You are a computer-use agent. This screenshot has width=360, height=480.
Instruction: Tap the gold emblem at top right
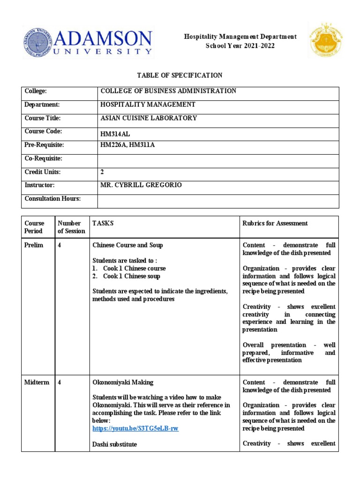point(325,40)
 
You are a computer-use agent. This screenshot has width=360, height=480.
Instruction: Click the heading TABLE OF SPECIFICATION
point(180,75)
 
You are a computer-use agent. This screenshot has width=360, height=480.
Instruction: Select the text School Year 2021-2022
point(240,45)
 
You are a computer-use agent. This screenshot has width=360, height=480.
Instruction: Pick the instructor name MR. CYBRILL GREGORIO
point(141,185)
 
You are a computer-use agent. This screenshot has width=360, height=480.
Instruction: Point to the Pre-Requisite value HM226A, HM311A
point(127,145)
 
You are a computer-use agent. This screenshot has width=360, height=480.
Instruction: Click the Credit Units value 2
point(102,172)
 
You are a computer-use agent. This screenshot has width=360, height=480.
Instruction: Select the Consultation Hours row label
point(52,199)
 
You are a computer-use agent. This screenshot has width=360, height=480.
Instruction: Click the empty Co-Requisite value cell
point(218,159)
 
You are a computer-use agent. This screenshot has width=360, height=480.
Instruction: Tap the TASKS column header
point(103,224)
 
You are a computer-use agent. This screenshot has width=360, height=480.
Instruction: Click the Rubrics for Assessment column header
point(275,224)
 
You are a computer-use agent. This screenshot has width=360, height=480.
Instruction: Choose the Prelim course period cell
point(34,246)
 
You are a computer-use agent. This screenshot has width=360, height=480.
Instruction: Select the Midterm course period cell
point(37,382)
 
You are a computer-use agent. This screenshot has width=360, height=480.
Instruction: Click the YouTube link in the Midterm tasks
point(135,428)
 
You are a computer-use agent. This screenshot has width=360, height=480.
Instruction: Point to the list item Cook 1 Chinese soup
point(131,276)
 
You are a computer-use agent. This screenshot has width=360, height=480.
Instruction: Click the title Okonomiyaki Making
point(122,382)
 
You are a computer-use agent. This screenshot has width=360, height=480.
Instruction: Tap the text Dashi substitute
point(115,444)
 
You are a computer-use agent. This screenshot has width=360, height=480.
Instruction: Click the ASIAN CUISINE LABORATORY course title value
point(149,118)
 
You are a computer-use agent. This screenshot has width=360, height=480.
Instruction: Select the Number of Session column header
point(71,227)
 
